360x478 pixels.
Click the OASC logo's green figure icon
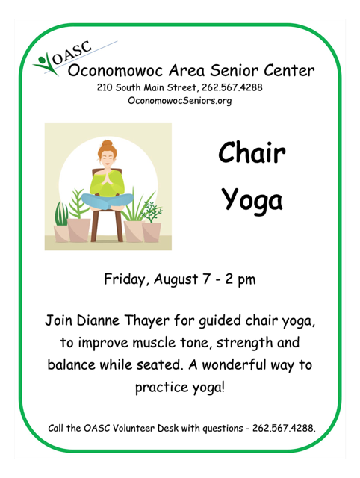point(46,64)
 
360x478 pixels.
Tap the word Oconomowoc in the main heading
point(116,70)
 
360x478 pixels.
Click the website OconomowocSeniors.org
point(179,101)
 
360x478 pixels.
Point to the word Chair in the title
point(252,152)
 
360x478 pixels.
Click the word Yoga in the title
point(252,199)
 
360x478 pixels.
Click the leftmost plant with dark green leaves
point(61,214)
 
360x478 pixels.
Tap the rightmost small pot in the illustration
point(152,232)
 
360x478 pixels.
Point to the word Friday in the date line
point(125,279)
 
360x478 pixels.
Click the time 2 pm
point(240,279)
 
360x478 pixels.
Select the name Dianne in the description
point(98,320)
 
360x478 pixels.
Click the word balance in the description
point(72,365)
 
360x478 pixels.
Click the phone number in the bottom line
point(284,428)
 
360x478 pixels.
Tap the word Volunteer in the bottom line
point(134,428)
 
